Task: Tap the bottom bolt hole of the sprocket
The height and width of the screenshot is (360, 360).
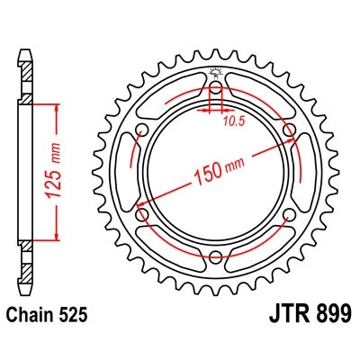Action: [216, 256]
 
